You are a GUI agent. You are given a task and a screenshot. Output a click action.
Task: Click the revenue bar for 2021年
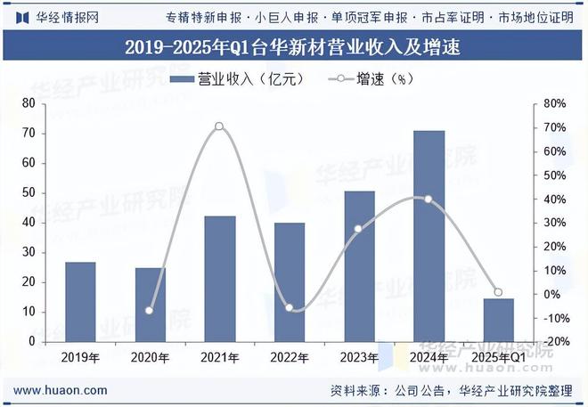pyautogui.click(x=220, y=278)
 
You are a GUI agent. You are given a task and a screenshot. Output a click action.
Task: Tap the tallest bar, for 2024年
pyautogui.click(x=429, y=235)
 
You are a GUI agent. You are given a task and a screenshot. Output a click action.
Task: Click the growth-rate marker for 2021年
pyautogui.click(x=219, y=126)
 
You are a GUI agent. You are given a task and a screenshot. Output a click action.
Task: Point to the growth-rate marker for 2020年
pyautogui.click(x=150, y=311)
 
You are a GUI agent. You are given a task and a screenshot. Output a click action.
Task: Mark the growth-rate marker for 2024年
pyautogui.click(x=429, y=199)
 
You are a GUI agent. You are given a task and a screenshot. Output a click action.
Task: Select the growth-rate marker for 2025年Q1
pyautogui.click(x=498, y=292)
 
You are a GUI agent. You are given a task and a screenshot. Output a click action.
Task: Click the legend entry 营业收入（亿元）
pyautogui.click(x=237, y=78)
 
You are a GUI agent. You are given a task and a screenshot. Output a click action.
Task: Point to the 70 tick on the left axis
pyautogui.click(x=29, y=134)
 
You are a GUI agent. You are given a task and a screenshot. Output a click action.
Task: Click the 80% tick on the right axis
pyautogui.click(x=554, y=104)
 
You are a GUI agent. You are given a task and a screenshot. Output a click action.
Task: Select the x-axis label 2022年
pyautogui.click(x=289, y=357)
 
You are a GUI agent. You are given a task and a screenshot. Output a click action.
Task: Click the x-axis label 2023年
pyautogui.click(x=358, y=357)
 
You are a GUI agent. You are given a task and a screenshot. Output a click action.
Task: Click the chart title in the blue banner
pyautogui.click(x=293, y=45)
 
